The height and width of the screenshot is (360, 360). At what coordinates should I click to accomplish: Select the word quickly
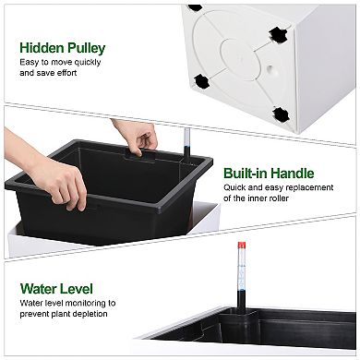[x=88, y=63]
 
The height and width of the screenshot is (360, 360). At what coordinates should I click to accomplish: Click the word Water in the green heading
[x=38, y=289]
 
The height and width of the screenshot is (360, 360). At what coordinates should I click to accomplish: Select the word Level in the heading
[x=76, y=289]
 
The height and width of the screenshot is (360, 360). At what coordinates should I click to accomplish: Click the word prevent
[x=33, y=314]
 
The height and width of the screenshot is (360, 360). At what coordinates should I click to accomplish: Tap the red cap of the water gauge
[x=242, y=246]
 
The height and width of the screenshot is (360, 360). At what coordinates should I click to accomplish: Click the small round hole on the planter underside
[x=270, y=68]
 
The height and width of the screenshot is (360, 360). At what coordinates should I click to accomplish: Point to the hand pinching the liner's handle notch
[x=136, y=137]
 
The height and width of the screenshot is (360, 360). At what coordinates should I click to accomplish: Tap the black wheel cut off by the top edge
[x=195, y=7]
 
